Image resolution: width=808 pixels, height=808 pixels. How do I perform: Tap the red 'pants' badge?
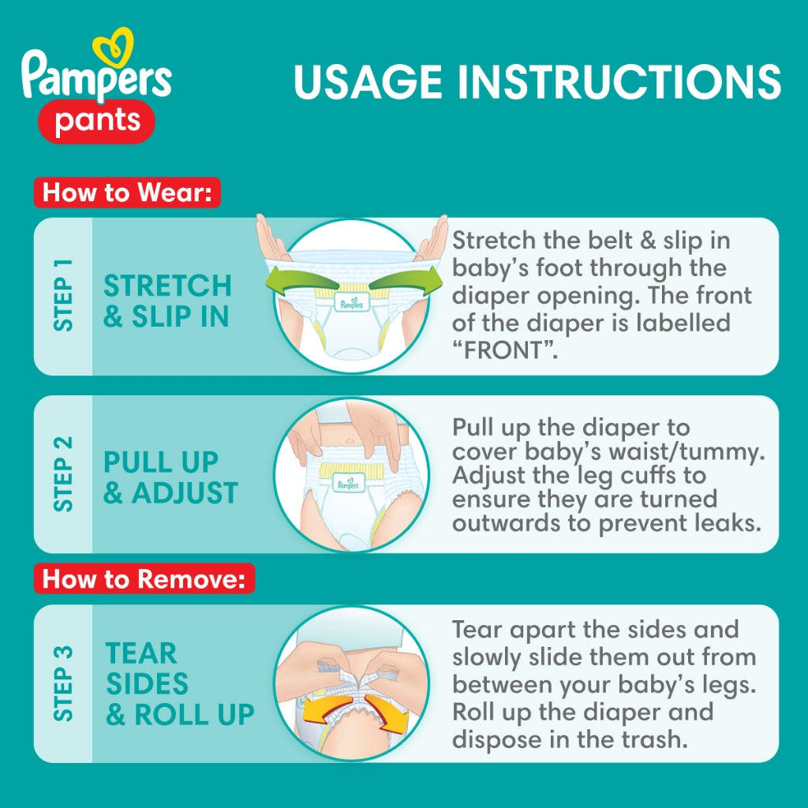point(97,122)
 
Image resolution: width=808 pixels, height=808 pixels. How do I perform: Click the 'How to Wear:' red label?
point(127,193)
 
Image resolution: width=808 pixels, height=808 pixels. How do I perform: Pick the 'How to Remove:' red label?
point(144,579)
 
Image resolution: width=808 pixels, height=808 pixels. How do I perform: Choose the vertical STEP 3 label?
point(63,683)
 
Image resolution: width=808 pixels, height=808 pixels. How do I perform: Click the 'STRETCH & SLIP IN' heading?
point(167,301)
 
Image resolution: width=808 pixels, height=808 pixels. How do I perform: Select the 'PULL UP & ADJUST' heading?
point(171,477)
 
